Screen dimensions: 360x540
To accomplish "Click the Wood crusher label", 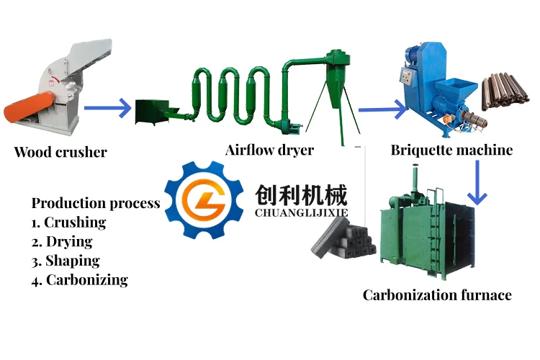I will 60,152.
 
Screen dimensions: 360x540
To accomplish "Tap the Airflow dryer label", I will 269,150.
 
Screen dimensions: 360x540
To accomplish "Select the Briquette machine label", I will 451,150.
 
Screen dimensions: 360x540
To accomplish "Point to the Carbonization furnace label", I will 437,295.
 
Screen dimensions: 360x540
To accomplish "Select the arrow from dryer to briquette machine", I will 382,110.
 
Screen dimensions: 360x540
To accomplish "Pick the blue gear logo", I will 202,199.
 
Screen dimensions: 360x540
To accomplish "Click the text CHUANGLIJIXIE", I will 301,213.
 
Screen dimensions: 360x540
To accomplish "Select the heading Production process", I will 96,203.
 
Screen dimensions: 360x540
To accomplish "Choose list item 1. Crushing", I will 68,222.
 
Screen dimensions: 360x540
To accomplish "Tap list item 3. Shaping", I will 66,261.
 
